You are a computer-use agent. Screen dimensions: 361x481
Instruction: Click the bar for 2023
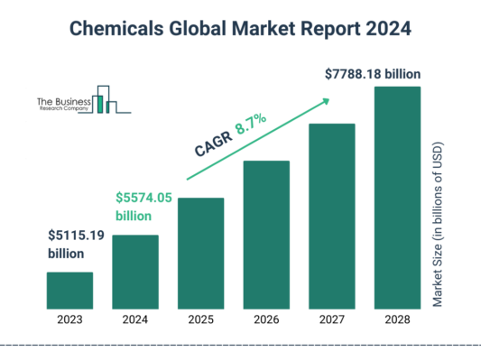69,290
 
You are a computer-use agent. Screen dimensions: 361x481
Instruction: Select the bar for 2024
135,271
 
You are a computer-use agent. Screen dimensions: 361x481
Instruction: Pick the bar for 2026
266,234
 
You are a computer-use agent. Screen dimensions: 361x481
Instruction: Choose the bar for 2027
332,215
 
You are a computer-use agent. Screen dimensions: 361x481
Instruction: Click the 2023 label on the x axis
69,319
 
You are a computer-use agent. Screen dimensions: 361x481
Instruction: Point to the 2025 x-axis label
200,319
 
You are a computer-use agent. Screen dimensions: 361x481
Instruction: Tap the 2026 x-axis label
266,319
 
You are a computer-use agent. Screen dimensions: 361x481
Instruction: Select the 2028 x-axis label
398,319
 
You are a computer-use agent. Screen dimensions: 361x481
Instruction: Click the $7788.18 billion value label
372,74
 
